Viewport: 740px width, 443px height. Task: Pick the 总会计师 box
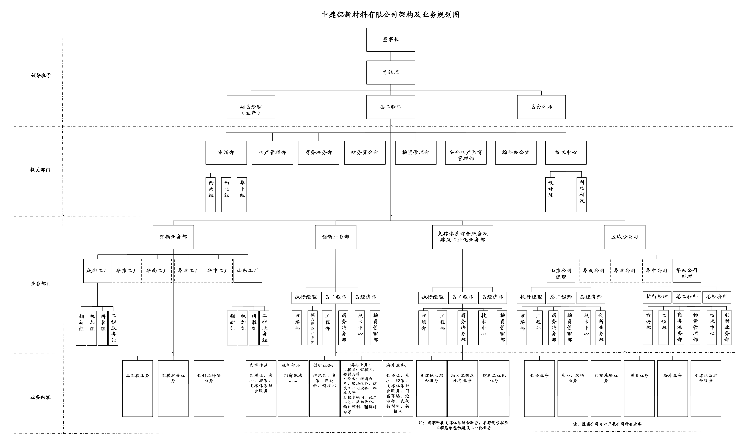coord(541,107)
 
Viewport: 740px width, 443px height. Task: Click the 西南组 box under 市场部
coord(211,195)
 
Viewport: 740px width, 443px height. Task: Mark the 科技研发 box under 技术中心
coord(581,195)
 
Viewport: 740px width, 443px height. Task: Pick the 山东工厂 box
coord(247,270)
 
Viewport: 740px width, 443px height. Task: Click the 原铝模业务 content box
coord(137,388)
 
